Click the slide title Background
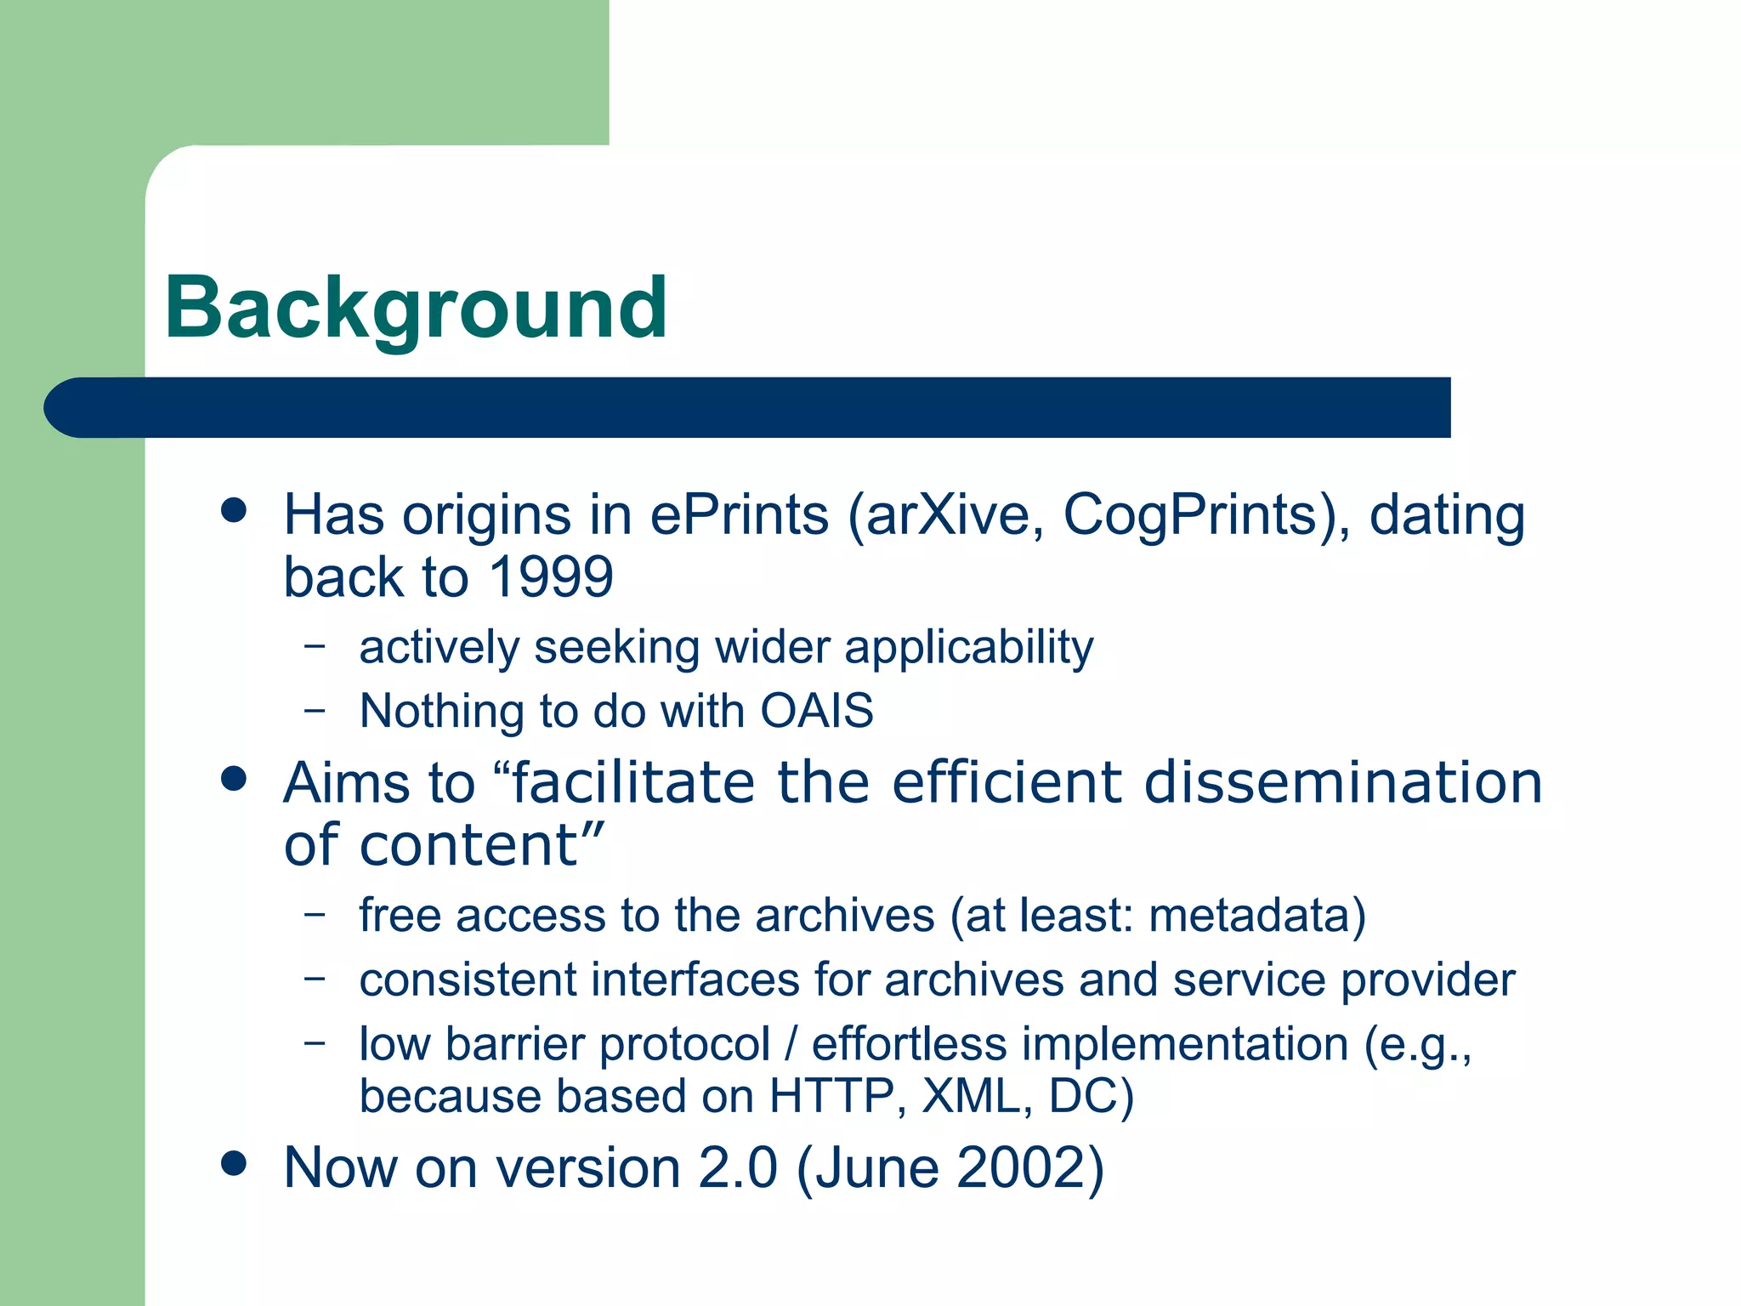416,309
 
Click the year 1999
551,577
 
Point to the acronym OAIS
816,711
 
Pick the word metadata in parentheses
1249,916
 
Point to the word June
878,1167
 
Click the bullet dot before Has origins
233,510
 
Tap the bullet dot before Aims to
233,778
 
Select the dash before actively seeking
315,645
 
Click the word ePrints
739,515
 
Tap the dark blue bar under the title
748,407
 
